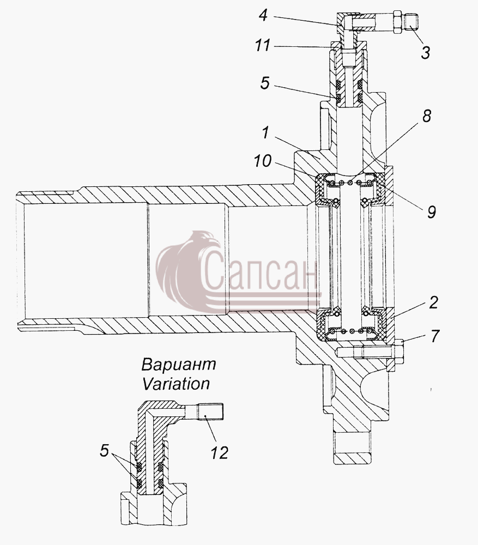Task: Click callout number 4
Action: (x=263, y=16)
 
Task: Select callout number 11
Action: (x=263, y=46)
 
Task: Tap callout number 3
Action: (x=425, y=53)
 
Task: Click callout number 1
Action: (x=265, y=132)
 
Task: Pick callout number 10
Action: (x=262, y=161)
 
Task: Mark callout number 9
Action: (x=432, y=211)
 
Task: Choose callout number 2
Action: (x=433, y=302)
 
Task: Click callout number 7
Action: (x=435, y=336)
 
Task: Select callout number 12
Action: (x=219, y=452)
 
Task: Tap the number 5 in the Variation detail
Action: (x=104, y=451)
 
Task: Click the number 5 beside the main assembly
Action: (x=265, y=83)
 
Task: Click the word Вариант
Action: (x=179, y=365)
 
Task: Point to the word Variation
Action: (x=176, y=384)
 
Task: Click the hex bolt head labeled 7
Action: (x=398, y=352)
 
